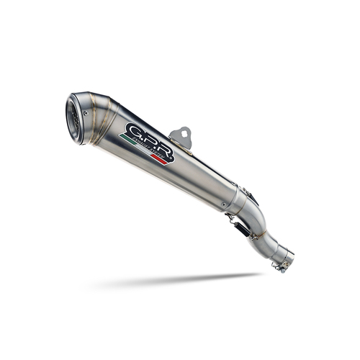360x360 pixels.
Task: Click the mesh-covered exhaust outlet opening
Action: pos(74,117)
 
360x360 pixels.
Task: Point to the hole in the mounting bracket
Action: pos(184,133)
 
